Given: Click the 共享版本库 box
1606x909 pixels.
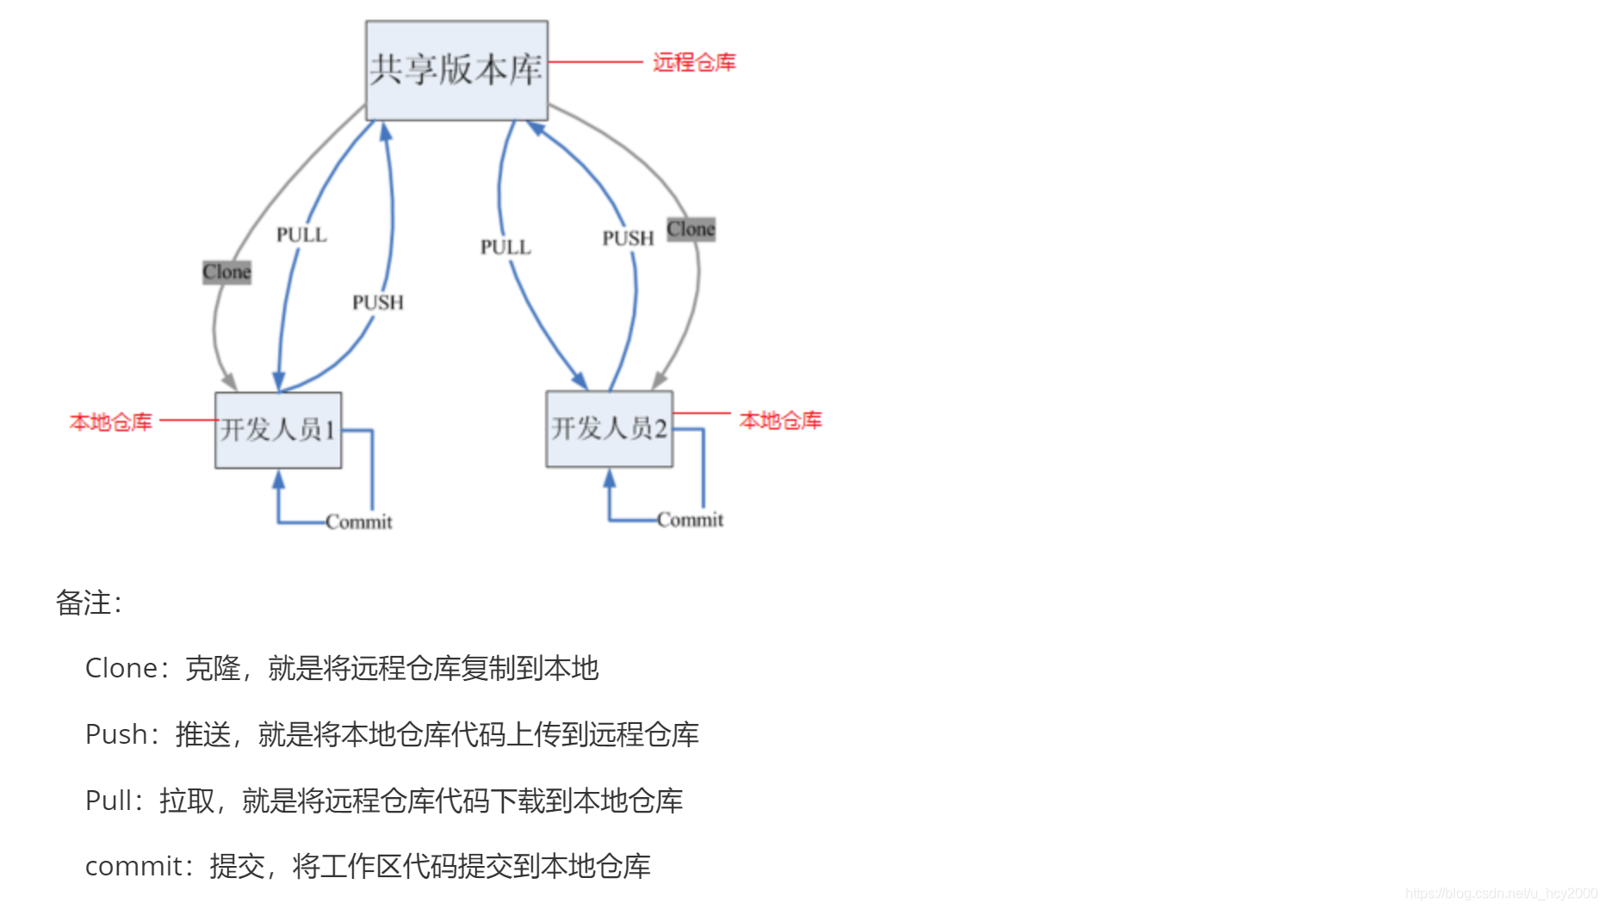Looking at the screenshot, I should point(456,71).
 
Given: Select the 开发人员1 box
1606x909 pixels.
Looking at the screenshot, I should point(278,430).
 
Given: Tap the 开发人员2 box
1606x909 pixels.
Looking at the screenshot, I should point(609,429).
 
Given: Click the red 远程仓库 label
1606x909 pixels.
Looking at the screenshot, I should point(694,63).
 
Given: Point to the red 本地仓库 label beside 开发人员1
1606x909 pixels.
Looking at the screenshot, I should point(111,422).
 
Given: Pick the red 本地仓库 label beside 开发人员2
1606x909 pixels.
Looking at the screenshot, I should point(780,420).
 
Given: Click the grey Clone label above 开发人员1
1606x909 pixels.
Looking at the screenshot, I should point(226,272).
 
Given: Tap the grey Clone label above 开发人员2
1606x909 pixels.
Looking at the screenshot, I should point(691,230).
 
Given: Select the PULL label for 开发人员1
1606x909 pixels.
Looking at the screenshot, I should point(301,235).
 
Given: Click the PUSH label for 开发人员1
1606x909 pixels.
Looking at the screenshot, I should point(377,303).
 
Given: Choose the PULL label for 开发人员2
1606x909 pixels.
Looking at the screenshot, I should point(505,248).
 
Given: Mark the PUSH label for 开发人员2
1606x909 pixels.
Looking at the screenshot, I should point(628,238).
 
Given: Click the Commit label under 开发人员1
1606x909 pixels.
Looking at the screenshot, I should point(359,522).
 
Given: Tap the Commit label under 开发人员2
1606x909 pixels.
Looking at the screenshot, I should point(690,520).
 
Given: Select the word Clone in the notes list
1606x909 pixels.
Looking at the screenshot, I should point(121,668).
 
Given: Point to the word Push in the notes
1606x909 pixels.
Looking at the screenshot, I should point(116,734).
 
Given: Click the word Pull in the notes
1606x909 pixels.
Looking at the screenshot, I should point(109,801).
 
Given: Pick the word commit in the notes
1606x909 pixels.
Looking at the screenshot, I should point(134,866).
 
